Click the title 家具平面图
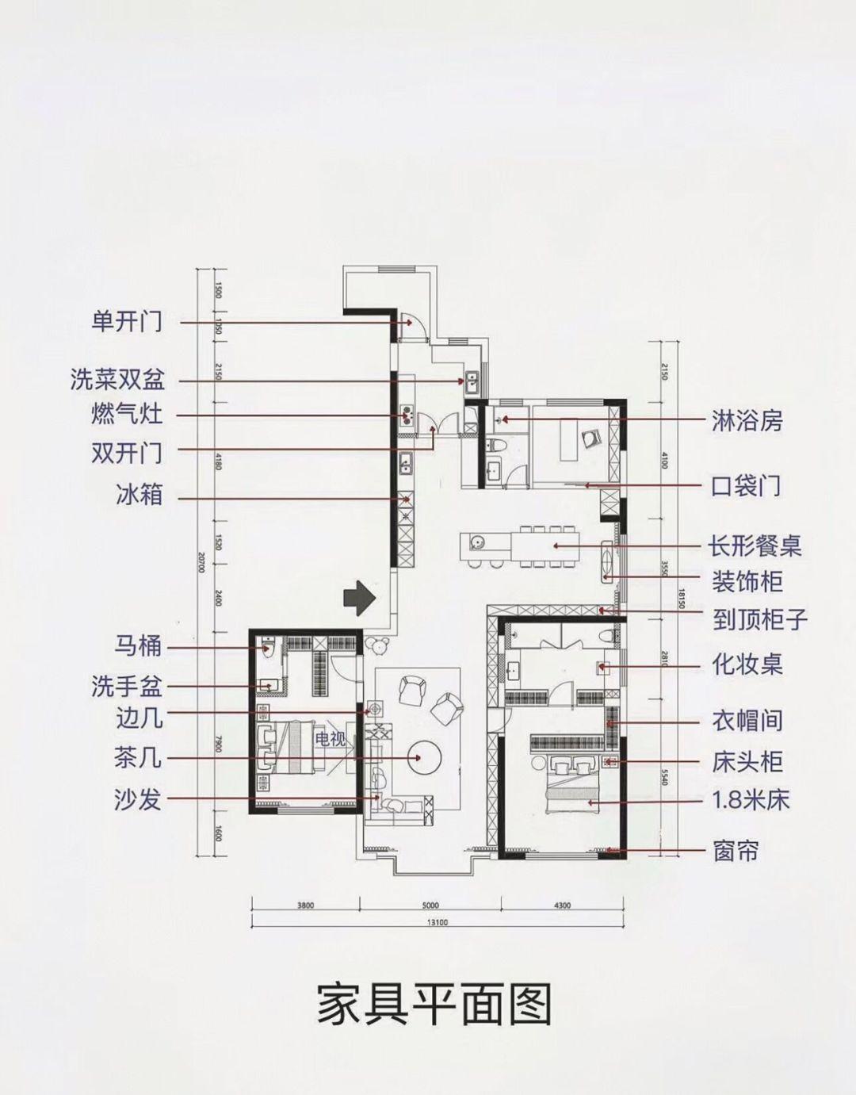tap(434, 1005)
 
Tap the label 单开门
tap(127, 322)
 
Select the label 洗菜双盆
tap(117, 381)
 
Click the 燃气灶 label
tap(127, 415)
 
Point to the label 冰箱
tap(138, 496)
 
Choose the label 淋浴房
tap(747, 420)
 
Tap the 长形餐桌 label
tap(755, 546)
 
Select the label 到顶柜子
tap(759, 618)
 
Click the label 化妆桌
tap(747, 664)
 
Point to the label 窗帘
tap(736, 852)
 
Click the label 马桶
tap(138, 646)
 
